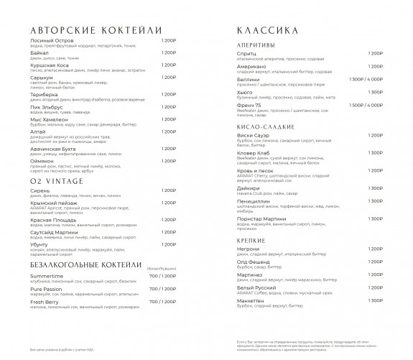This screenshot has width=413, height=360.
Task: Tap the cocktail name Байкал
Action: coord(40,52)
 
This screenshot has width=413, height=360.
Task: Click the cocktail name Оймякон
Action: coord(43,160)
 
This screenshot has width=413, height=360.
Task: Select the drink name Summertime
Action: coord(47,276)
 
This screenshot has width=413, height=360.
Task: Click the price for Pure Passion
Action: coord(162,289)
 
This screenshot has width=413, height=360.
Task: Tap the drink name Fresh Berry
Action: coord(45,302)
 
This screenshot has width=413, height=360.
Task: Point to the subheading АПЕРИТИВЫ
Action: coord(256,45)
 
